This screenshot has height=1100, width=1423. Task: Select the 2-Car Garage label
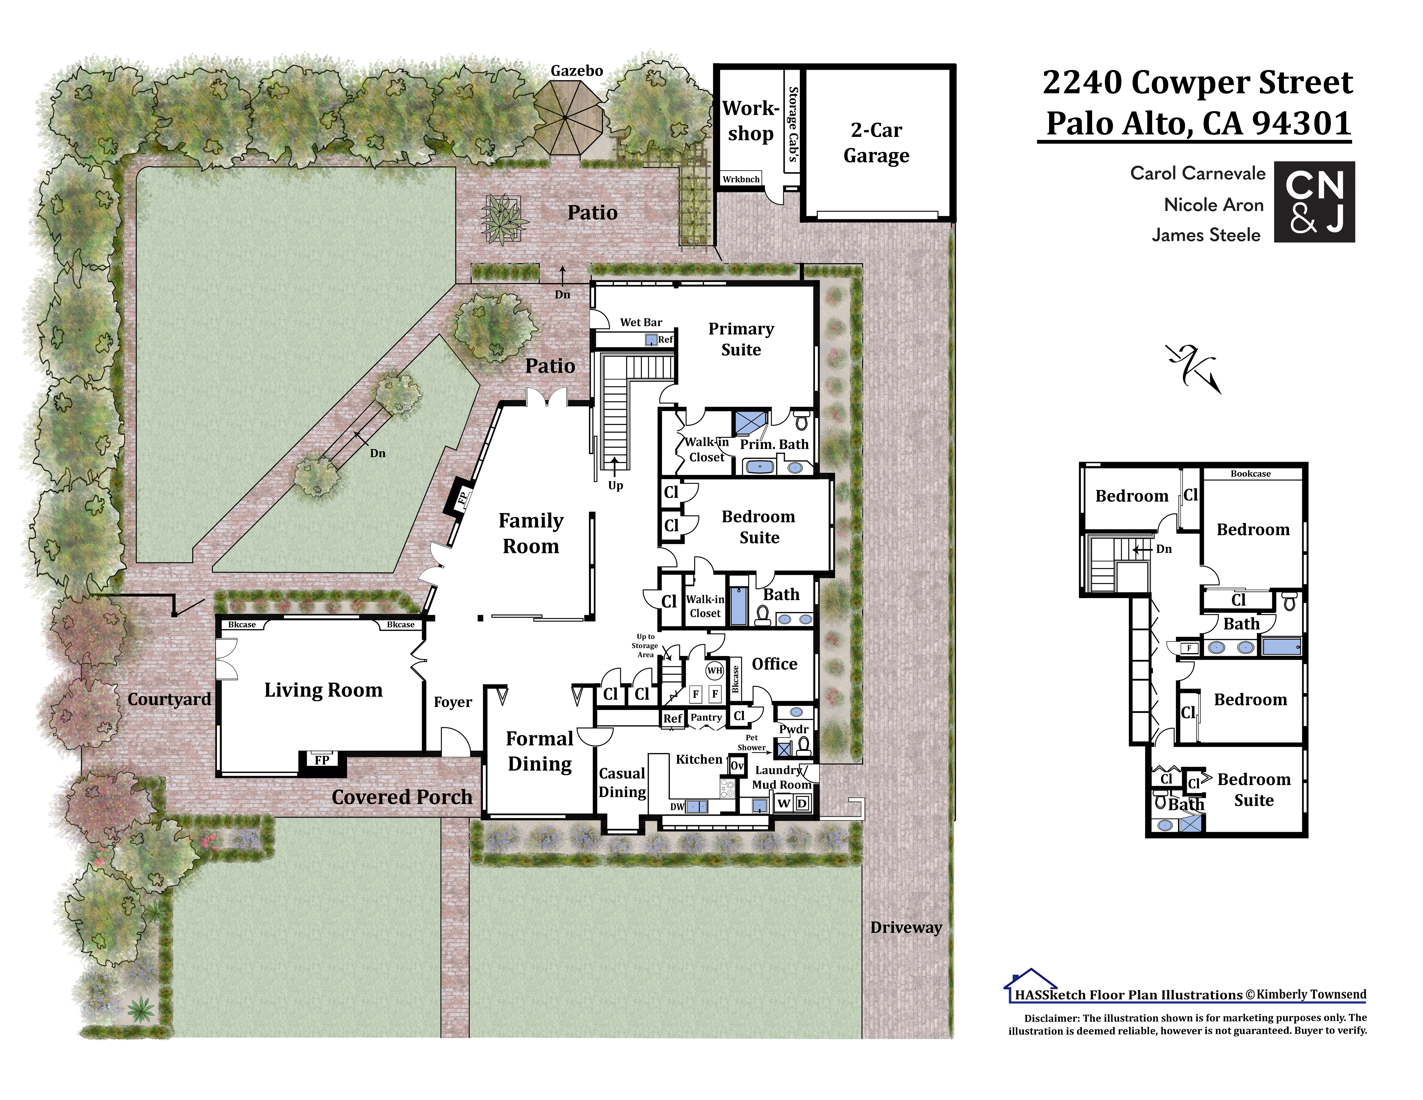(x=876, y=143)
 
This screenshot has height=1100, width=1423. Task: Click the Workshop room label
(x=751, y=121)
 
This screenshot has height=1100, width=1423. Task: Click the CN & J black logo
(x=1314, y=202)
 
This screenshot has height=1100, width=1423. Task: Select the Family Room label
(x=531, y=533)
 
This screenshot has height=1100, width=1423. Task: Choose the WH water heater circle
(x=715, y=671)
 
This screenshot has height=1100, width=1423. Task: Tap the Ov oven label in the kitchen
(x=737, y=766)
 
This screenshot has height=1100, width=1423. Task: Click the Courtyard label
(x=169, y=699)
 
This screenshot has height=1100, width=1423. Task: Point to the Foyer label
(x=453, y=702)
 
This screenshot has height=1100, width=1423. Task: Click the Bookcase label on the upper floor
(x=1250, y=474)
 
